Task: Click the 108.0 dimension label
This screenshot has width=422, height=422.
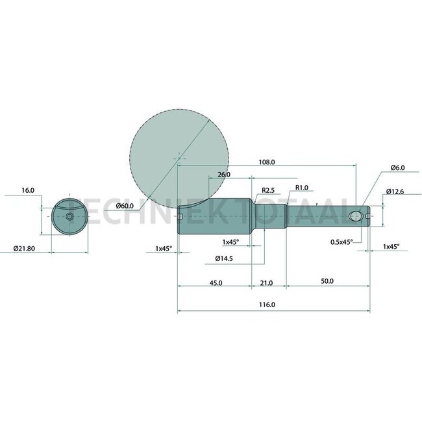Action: tap(267, 162)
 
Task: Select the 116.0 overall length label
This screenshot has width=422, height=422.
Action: tap(267, 304)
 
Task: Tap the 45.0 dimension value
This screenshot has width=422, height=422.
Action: tap(216, 283)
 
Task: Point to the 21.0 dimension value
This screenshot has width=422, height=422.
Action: tap(266, 283)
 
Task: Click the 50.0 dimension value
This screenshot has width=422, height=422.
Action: tap(327, 281)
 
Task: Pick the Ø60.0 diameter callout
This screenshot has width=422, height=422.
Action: tap(125, 206)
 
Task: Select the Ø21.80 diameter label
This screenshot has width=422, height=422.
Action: tap(24, 249)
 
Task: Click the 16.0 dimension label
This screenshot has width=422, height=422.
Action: tap(28, 190)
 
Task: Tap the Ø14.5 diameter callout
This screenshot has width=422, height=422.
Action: tap(224, 258)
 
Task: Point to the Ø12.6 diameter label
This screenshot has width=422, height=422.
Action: tap(395, 192)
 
